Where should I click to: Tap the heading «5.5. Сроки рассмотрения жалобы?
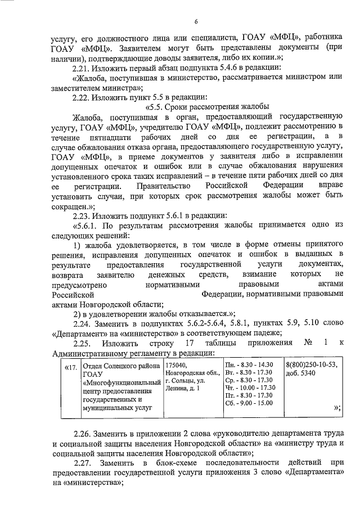208,107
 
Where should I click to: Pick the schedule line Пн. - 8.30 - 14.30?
249,365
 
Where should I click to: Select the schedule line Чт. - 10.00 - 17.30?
250,388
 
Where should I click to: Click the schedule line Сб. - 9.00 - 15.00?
249,403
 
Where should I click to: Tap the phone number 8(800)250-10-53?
309,365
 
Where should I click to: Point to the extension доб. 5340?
300,373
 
